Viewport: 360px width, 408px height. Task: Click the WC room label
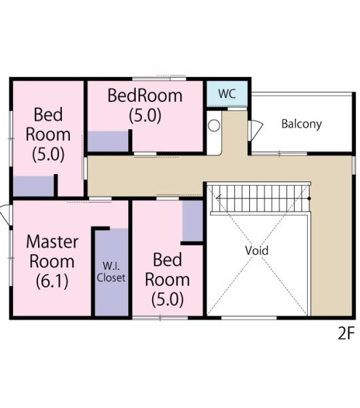coord(227,94)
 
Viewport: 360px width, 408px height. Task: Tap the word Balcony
coord(302,124)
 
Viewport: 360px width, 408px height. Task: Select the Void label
coord(257,250)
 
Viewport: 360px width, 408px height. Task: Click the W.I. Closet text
coord(111,272)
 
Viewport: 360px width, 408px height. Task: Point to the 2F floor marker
coord(346,333)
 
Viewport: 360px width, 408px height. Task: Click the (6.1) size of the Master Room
coord(52,281)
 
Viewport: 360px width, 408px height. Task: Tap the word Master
coord(52,241)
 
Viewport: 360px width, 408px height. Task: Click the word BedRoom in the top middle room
coord(145,95)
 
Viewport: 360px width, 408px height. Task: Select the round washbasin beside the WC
coord(214,125)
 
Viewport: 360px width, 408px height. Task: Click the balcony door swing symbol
coord(255,131)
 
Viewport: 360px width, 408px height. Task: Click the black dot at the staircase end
coord(309,199)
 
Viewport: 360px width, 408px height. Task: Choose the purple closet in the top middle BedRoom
coord(108,141)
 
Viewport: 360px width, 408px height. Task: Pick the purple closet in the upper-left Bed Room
coord(33,186)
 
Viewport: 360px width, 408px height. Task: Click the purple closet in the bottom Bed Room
coord(193,221)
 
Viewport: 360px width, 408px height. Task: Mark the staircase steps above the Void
coord(260,199)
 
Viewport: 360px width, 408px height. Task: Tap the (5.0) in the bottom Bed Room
coord(168,299)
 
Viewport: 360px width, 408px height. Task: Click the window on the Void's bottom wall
coord(249,318)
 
